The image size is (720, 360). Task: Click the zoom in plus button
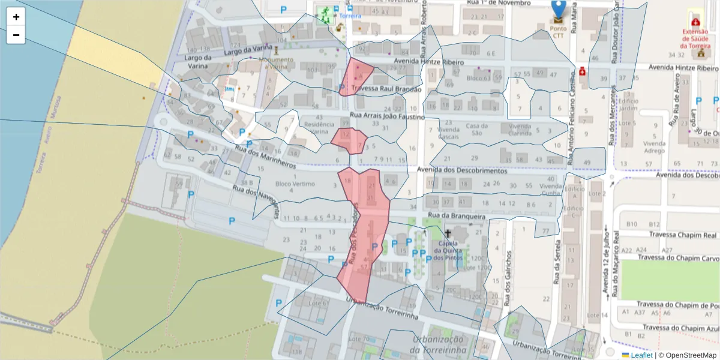16,17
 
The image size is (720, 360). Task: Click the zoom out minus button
16,35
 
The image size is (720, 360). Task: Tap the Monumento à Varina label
276,63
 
